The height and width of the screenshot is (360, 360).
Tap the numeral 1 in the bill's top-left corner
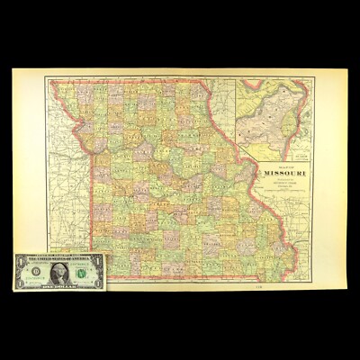coord(18,258)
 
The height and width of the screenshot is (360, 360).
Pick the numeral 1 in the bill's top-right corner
coord(96,258)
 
